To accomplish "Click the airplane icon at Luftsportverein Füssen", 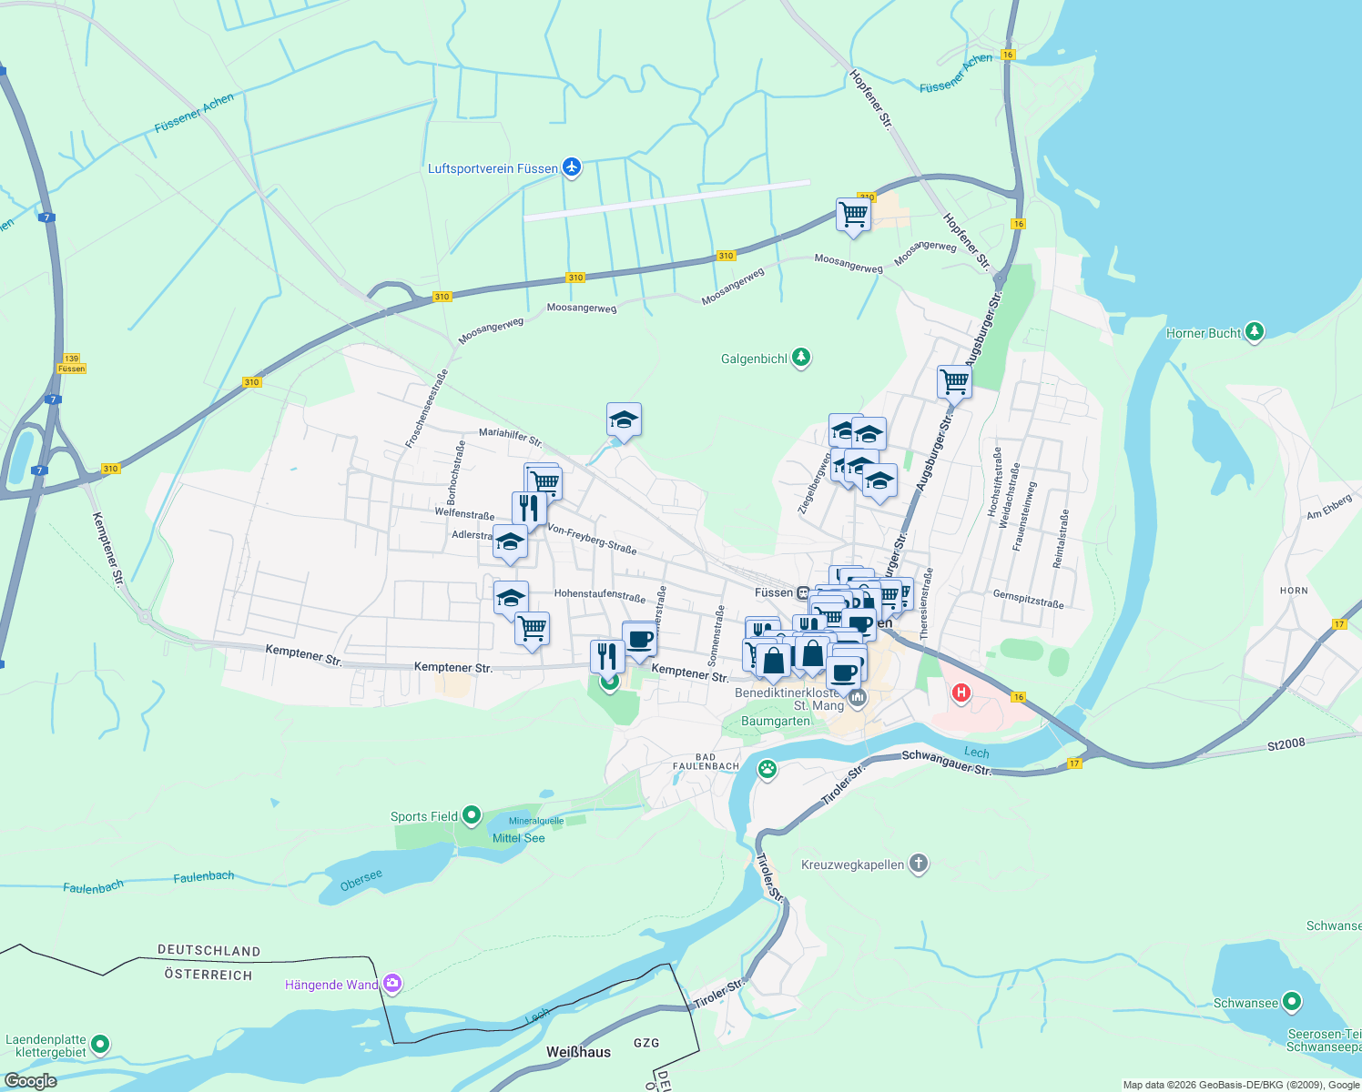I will [572, 167].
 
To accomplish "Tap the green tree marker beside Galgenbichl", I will [801, 358].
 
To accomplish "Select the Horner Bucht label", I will [1203, 333].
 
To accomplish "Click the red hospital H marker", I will [961, 693].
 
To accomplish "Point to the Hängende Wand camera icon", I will [392, 983].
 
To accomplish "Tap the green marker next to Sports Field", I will [472, 815].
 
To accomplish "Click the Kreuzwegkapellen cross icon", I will [919, 864].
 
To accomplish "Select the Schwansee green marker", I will [1292, 1002].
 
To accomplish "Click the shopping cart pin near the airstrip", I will [853, 215].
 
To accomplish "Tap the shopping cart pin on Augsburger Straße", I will [954, 381].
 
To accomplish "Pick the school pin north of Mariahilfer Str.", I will [624, 420].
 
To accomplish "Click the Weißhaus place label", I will [578, 1052].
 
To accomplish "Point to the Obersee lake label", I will [361, 881].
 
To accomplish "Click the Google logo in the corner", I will [30, 1081].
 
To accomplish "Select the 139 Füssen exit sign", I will [71, 363].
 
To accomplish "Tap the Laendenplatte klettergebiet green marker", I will [100, 1044].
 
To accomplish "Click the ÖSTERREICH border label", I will [208, 975].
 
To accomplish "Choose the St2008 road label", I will [1286, 743].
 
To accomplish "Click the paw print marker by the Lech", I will [767, 769].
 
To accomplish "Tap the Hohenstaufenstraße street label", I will [599, 595].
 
